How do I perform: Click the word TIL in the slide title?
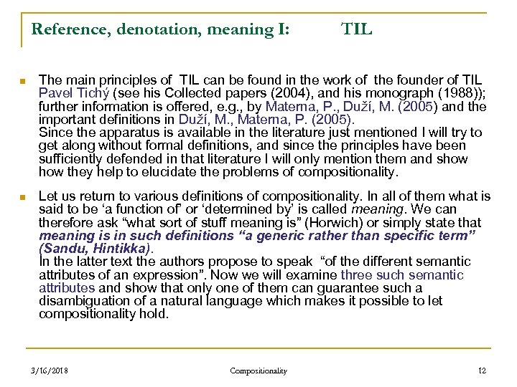tap(357, 29)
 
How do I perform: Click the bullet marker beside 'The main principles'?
tap(24, 80)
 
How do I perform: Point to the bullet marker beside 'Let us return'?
tap(24, 196)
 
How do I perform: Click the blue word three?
tap(355, 274)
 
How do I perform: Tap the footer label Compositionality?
tap(258, 371)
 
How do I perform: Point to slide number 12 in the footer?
tap(482, 371)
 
